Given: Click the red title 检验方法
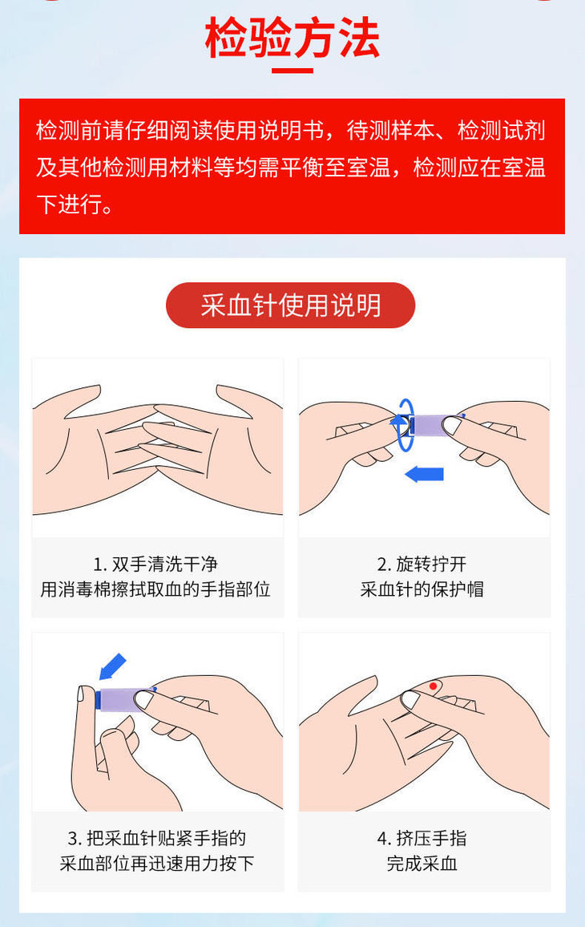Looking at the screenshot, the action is point(292,38).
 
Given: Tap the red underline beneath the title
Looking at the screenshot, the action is point(292,71).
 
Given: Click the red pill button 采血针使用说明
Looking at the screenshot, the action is point(291,305).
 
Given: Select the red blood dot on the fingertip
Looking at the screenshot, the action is point(433,686).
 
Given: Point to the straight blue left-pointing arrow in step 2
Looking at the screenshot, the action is point(424,474).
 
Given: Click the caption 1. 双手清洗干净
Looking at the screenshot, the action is point(155,564).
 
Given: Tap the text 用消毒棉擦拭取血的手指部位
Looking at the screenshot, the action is point(155,589).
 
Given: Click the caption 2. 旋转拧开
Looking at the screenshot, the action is point(422,564).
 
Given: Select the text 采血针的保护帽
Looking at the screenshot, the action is point(422,589).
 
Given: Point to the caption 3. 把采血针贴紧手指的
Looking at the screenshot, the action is point(156,838).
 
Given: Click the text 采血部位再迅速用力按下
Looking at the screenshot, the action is point(156,863).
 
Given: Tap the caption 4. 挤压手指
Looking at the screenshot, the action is point(422,838).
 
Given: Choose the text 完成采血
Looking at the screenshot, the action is point(422,863).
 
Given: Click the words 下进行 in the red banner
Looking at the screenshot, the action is point(69,204).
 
